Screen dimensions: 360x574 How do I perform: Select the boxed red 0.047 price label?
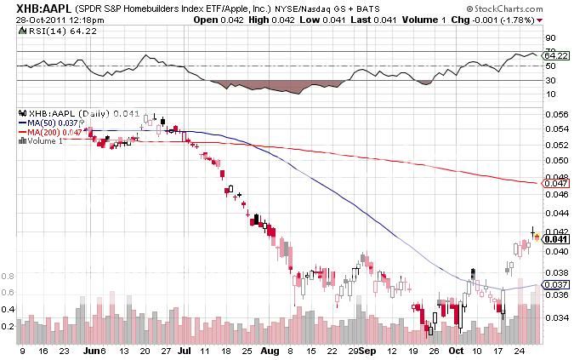point(554,184)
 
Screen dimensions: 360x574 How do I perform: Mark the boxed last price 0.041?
point(554,239)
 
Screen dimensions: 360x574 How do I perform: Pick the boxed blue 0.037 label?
point(554,284)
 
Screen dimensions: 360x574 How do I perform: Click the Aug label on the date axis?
point(270,349)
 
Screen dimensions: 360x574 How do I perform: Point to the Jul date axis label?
point(183,349)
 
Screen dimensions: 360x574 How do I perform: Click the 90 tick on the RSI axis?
point(550,37)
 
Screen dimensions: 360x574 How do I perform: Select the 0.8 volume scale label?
point(9,277)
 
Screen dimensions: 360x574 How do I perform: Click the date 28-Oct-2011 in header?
point(30,20)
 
